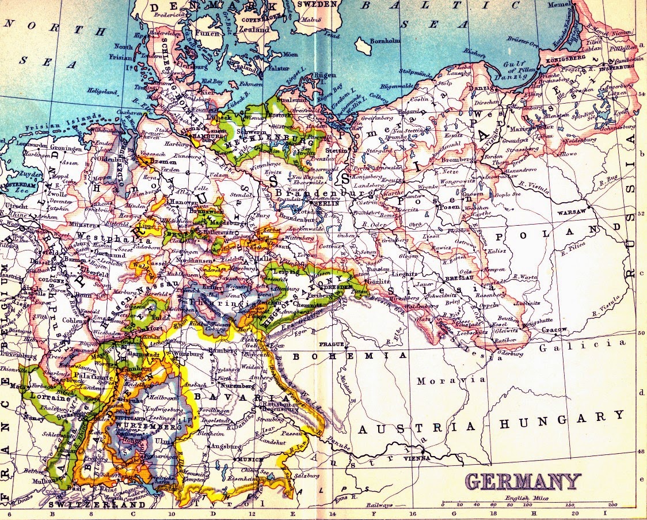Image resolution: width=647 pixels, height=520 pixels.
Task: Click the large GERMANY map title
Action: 523,481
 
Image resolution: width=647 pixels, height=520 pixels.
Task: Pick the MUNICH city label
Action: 253,460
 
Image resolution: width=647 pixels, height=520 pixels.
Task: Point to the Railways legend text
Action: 380,504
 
